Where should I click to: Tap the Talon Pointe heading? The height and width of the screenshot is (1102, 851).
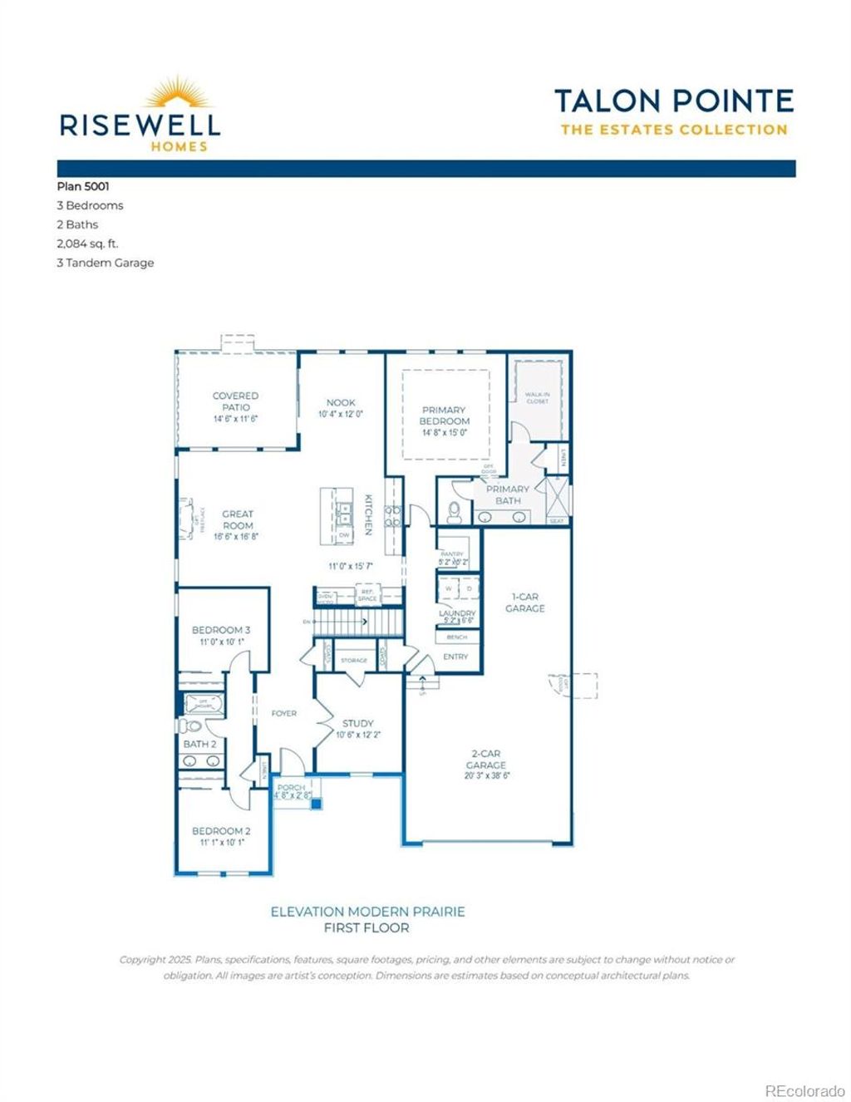[673, 101]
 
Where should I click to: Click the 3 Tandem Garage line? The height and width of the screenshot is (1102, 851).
[106, 263]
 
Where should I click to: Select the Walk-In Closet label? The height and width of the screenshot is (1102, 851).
[537, 398]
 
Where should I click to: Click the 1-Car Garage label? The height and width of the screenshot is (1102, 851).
[525, 602]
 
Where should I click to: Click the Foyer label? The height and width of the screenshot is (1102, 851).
[284, 713]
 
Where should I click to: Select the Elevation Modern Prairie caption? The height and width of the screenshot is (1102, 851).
[367, 912]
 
